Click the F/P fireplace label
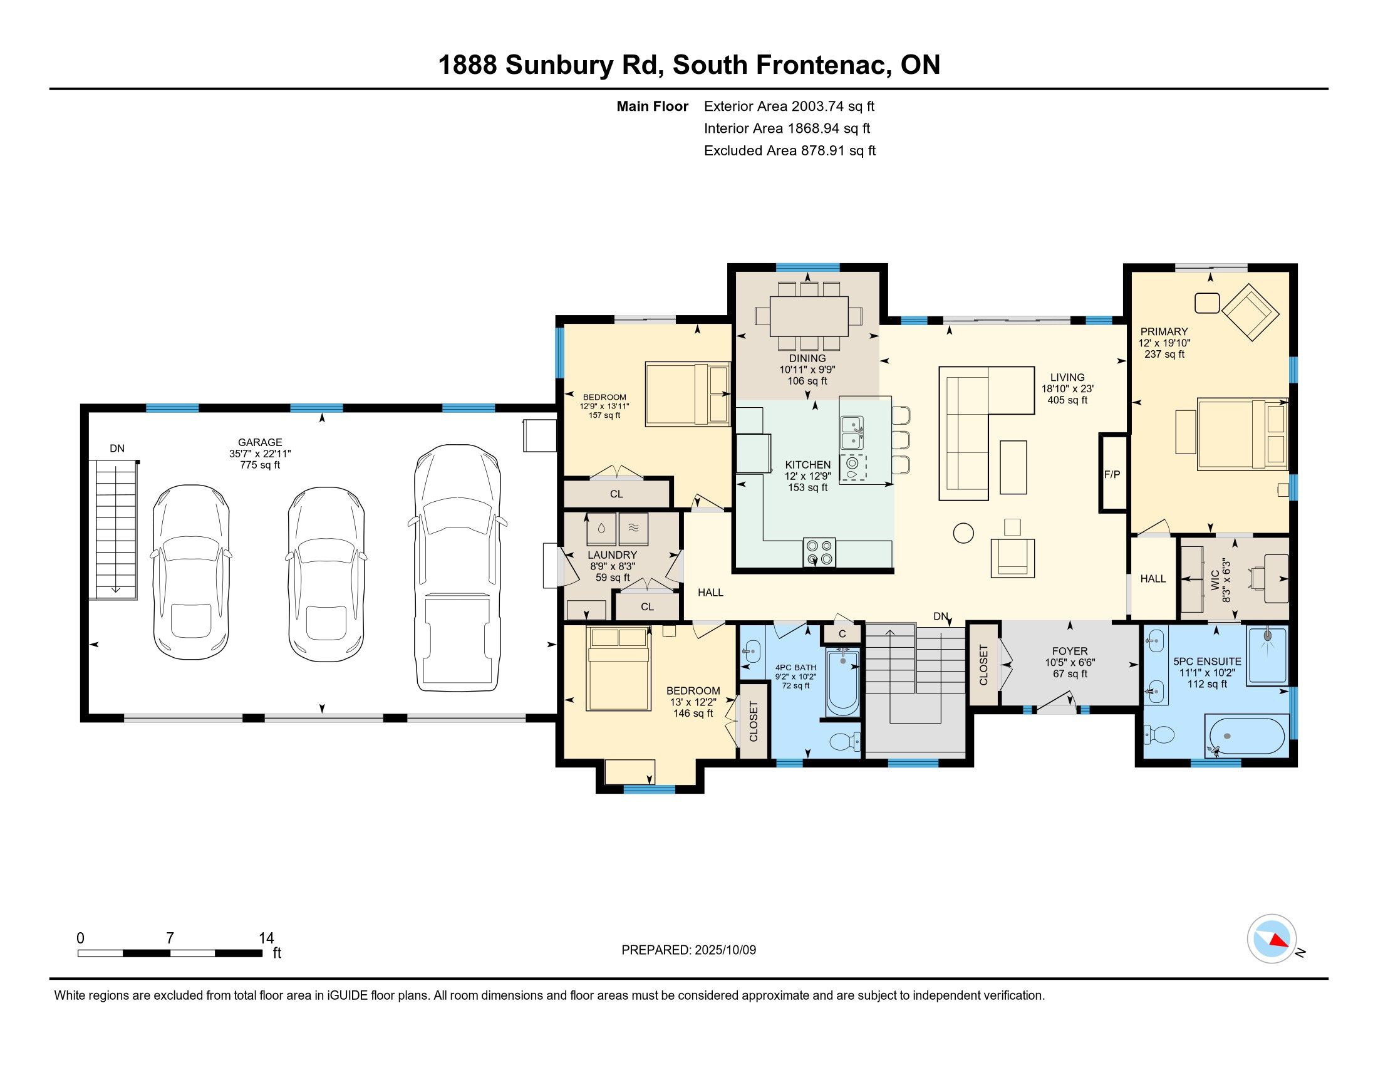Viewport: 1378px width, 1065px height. (x=1112, y=474)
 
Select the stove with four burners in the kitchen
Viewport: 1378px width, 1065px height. (x=819, y=552)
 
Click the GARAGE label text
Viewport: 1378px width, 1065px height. (x=260, y=442)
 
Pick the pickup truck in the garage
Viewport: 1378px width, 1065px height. (x=457, y=567)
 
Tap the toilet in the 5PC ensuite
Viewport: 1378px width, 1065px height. (x=1159, y=734)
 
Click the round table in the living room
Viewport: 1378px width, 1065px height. (x=963, y=533)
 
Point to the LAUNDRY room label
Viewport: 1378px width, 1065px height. (x=612, y=554)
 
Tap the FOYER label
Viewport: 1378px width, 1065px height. (x=1069, y=650)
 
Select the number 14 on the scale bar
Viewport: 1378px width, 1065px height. (x=266, y=938)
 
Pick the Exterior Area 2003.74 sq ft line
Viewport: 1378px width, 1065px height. (x=789, y=106)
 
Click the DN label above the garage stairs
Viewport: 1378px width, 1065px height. (x=117, y=449)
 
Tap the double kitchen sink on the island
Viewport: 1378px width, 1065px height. (x=852, y=432)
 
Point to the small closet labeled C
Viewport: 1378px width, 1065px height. (x=842, y=633)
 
